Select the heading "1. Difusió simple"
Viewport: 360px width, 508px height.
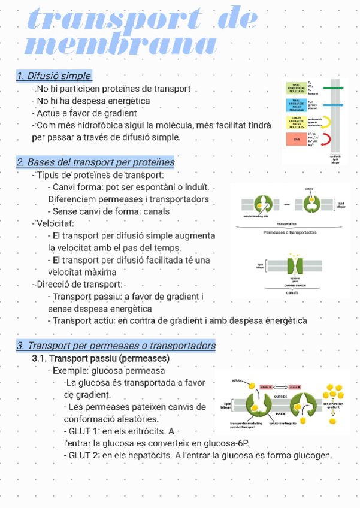[54, 76]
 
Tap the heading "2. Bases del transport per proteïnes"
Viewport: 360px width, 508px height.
[95, 162]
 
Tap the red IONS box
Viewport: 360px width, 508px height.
[297, 141]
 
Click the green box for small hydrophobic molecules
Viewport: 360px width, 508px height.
[297, 88]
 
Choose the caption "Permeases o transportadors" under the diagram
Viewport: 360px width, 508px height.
[290, 232]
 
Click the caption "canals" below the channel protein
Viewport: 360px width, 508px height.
[292, 293]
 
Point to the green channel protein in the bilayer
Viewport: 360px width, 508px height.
[292, 265]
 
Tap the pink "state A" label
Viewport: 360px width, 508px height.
[267, 387]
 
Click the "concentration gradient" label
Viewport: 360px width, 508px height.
[333, 406]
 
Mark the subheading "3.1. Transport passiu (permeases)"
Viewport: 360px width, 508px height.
[101, 358]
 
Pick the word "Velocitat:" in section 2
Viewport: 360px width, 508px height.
[54, 223]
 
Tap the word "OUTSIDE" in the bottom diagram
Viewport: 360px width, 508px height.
[281, 396]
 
